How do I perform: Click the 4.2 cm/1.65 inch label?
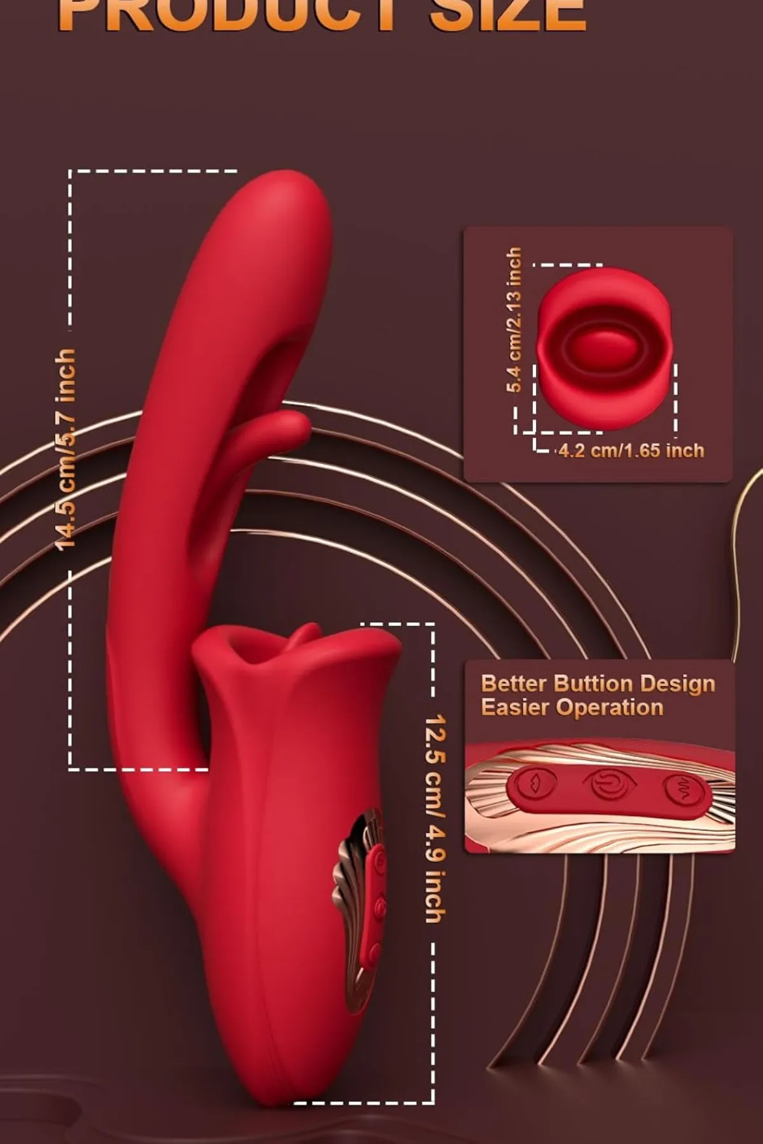631,451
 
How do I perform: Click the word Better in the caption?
514,683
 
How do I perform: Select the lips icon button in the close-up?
532,784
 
